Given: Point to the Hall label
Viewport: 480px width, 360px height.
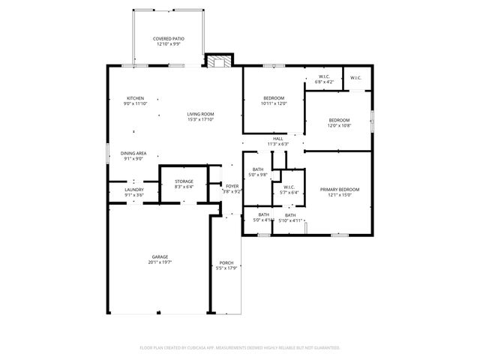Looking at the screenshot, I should (x=277, y=139).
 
